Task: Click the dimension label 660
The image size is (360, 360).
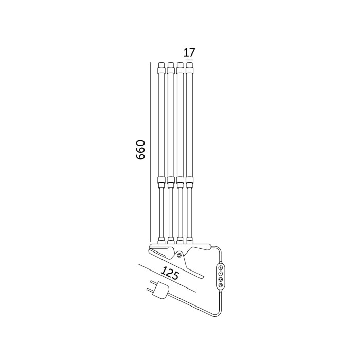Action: (x=140, y=150)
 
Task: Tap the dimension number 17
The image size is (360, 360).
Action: (x=189, y=52)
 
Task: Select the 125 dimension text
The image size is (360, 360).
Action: (x=170, y=273)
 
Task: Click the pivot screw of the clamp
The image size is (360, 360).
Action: (x=179, y=255)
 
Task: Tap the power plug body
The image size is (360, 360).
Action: (x=161, y=291)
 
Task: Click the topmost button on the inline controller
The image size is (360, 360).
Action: (x=221, y=267)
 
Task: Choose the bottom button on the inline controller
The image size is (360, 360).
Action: (x=221, y=285)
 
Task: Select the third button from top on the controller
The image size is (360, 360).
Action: (x=221, y=279)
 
